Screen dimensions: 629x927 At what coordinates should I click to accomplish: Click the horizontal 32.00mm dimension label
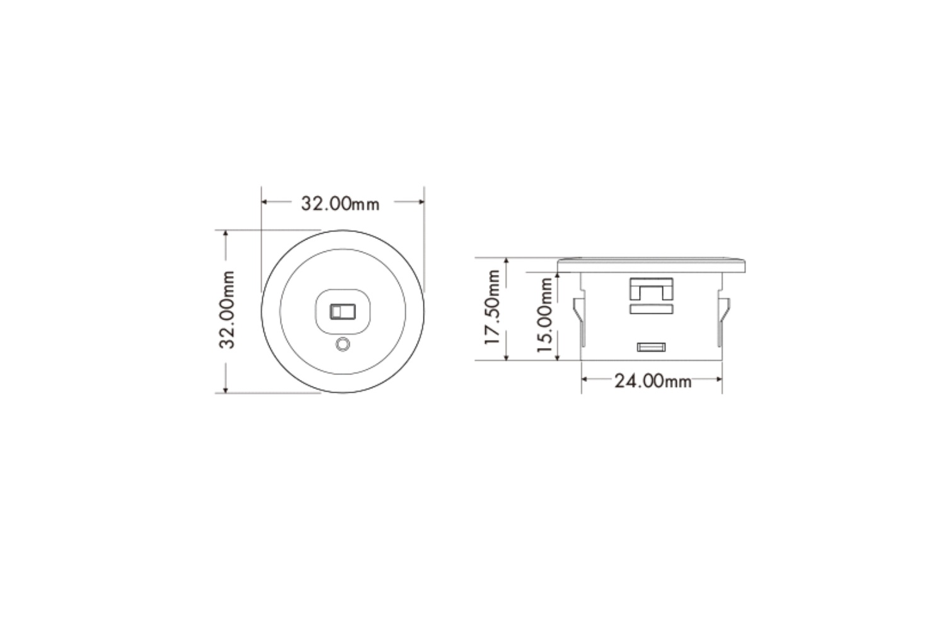340,204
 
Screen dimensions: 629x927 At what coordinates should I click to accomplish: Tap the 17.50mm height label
492,307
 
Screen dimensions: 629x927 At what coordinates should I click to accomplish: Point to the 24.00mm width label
652,381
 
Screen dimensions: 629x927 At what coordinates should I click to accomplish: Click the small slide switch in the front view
342,311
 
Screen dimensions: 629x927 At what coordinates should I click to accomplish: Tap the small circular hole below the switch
343,345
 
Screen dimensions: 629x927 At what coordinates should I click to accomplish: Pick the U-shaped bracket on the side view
651,289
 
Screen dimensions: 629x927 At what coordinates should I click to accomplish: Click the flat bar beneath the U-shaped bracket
651,309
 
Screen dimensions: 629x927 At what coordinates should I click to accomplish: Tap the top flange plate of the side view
652,265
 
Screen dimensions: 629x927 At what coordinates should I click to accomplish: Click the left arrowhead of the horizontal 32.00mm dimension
265,202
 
